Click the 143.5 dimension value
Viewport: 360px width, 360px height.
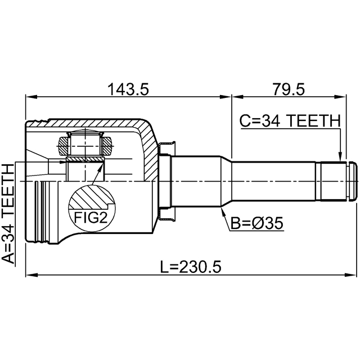[128, 89]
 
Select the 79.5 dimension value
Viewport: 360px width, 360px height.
[289, 89]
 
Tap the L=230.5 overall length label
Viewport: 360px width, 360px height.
[191, 267]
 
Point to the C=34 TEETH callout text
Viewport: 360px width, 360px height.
[290, 121]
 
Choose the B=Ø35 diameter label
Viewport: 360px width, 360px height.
[256, 223]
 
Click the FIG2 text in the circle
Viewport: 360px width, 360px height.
[91, 218]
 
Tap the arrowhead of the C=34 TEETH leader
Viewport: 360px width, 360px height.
[340, 157]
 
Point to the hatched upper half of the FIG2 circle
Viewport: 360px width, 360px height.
[91, 197]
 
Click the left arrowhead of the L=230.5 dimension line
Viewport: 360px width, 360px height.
[31, 274]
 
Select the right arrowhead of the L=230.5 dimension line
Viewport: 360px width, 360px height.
[351, 274]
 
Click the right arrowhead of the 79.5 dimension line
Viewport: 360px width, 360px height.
[340, 97]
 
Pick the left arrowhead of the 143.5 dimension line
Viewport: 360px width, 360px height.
[31, 97]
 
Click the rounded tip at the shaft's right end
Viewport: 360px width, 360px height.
[353, 181]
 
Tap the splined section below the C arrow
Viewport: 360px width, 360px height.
[334, 181]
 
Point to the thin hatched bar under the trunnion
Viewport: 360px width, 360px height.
[85, 159]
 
